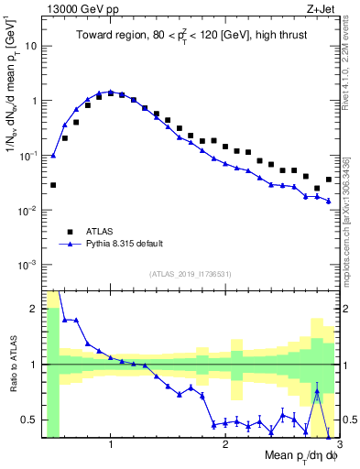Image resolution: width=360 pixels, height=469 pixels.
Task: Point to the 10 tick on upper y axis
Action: point(33,45)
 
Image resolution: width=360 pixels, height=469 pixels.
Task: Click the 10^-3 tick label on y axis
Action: point(29,265)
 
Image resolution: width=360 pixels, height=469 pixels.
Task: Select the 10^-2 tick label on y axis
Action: point(29,210)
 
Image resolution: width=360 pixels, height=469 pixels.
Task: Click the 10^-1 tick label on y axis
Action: point(29,155)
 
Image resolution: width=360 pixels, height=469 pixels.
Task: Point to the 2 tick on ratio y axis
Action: point(35,309)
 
